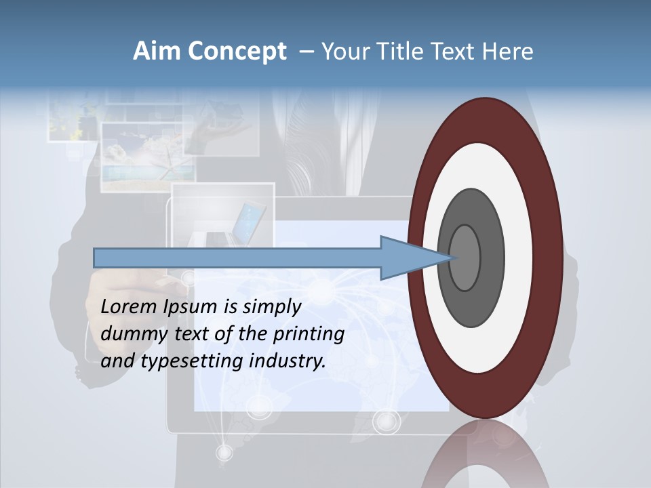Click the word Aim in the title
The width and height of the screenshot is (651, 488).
point(157,52)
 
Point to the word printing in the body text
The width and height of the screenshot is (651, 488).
point(309,335)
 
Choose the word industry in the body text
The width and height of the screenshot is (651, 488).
point(288,361)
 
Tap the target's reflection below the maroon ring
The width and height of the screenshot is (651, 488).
point(485,454)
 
